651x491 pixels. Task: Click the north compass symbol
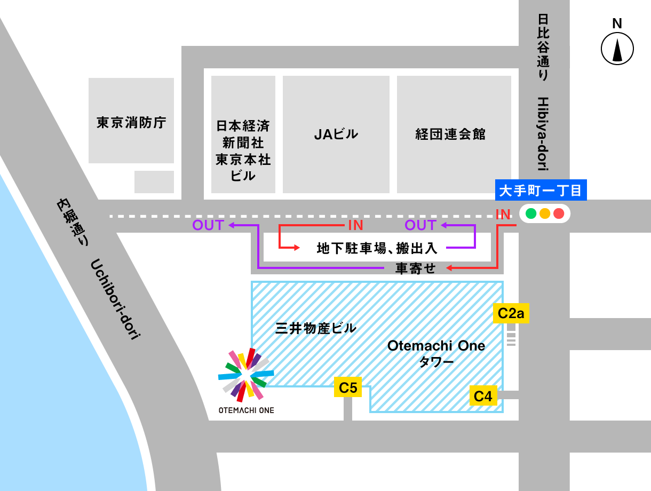[617, 47]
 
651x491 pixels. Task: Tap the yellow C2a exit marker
[511, 313]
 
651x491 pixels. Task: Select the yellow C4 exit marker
[483, 396]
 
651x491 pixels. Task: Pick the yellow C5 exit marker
[348, 387]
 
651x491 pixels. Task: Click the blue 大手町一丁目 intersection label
[541, 190]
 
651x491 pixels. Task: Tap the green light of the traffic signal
[531, 213]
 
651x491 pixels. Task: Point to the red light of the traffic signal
[559, 213]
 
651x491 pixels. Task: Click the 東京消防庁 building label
[131, 123]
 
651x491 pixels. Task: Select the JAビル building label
[336, 134]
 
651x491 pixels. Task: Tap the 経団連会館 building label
[450, 134]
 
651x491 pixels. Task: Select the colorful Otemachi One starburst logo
[246, 375]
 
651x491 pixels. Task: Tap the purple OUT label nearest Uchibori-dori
[208, 225]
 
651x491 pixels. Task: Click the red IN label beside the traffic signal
[503, 214]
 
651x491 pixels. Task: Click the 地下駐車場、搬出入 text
[377, 248]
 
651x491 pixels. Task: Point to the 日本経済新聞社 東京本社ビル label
[243, 151]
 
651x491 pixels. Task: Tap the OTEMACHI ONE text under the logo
[246, 410]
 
